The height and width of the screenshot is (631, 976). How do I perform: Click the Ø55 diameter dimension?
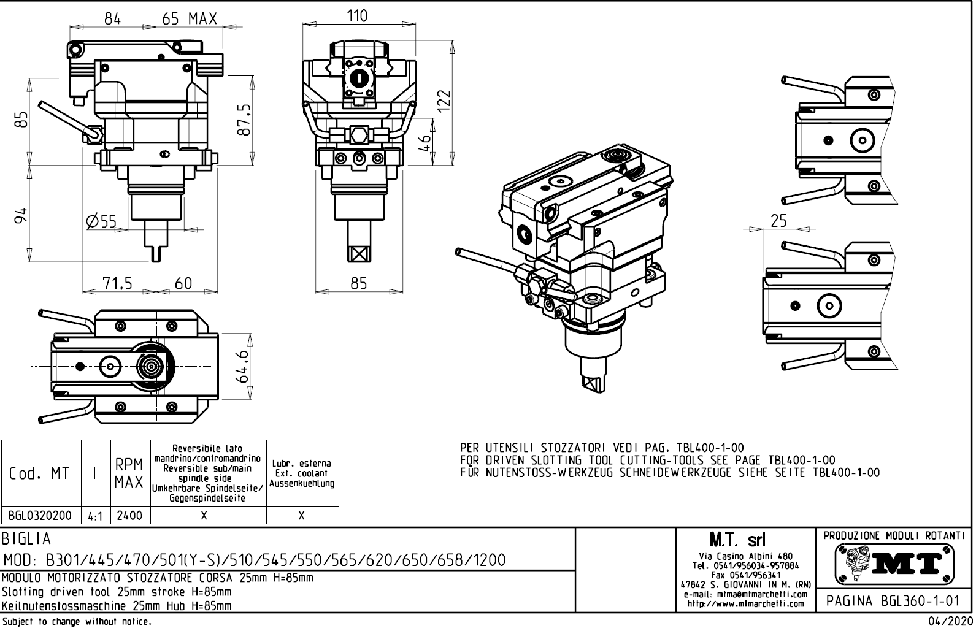click(101, 221)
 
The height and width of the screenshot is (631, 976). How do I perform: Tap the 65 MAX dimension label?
click(190, 19)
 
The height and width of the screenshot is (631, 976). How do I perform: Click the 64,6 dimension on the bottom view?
click(243, 366)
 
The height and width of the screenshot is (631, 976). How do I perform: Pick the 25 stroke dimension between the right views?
click(778, 221)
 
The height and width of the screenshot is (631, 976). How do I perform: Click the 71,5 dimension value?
click(117, 283)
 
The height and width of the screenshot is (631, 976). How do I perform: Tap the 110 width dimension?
click(358, 16)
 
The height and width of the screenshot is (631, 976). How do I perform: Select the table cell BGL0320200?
click(41, 516)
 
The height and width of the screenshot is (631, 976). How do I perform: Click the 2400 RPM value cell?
click(129, 516)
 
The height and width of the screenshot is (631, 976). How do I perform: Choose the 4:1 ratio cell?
click(95, 516)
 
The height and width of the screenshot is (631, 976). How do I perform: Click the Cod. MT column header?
click(40, 473)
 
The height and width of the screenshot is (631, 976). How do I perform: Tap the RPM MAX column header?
click(129, 473)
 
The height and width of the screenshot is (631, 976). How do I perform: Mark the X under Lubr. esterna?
click(302, 516)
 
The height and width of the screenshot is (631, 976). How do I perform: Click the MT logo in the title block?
click(895, 563)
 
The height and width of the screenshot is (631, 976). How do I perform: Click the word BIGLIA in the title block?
click(27, 540)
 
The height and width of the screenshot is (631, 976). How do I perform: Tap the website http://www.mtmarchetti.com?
click(745, 603)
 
